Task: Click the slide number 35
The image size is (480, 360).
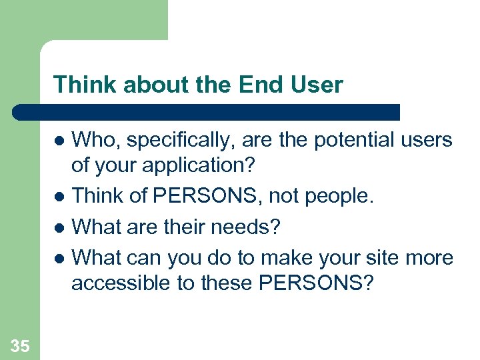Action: [x=20, y=345]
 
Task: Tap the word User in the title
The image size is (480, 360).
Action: [x=319, y=85]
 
